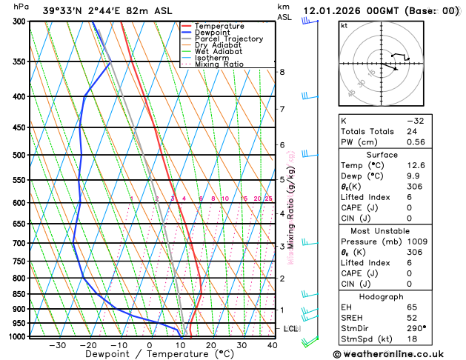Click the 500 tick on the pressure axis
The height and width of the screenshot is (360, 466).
(19, 155)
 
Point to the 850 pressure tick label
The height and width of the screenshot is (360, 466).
(19, 294)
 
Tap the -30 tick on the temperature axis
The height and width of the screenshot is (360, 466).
(57, 344)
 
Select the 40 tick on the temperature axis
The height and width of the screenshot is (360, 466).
(273, 344)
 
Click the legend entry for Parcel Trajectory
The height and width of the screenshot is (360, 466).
(228, 39)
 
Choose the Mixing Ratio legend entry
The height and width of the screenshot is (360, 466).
(219, 64)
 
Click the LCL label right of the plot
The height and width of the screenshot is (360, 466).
(290, 328)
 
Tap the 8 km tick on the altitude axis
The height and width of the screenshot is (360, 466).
(282, 72)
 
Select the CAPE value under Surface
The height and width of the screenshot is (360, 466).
(409, 207)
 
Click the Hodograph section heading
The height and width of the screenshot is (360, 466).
(381, 296)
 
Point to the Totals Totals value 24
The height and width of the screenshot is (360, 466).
(411, 130)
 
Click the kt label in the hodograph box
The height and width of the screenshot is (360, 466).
(344, 26)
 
